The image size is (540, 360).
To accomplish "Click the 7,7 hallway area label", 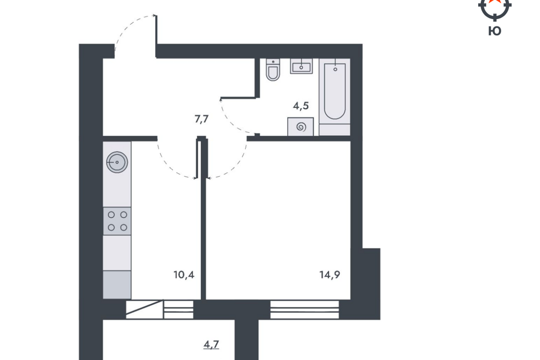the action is point(202,119).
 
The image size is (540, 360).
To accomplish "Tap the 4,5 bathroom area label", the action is point(300,106).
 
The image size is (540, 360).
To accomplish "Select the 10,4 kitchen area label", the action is point(184,274).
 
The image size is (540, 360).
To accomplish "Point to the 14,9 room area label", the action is point(330,274).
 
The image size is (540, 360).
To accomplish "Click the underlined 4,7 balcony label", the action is point(211,344).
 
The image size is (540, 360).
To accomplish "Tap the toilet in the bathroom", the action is point(273,70).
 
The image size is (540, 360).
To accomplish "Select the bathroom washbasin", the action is point(301,66).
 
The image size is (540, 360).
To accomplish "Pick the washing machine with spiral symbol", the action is point(300,127).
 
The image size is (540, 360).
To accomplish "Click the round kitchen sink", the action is point(117,162).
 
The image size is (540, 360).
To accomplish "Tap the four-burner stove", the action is point(117,221).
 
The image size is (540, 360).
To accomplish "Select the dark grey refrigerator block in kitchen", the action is point(117,285).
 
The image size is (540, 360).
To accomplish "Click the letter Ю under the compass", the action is point(495,31).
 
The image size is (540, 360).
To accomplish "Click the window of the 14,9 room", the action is point(304,309).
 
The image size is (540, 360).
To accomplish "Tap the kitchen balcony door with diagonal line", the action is point(145,309).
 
